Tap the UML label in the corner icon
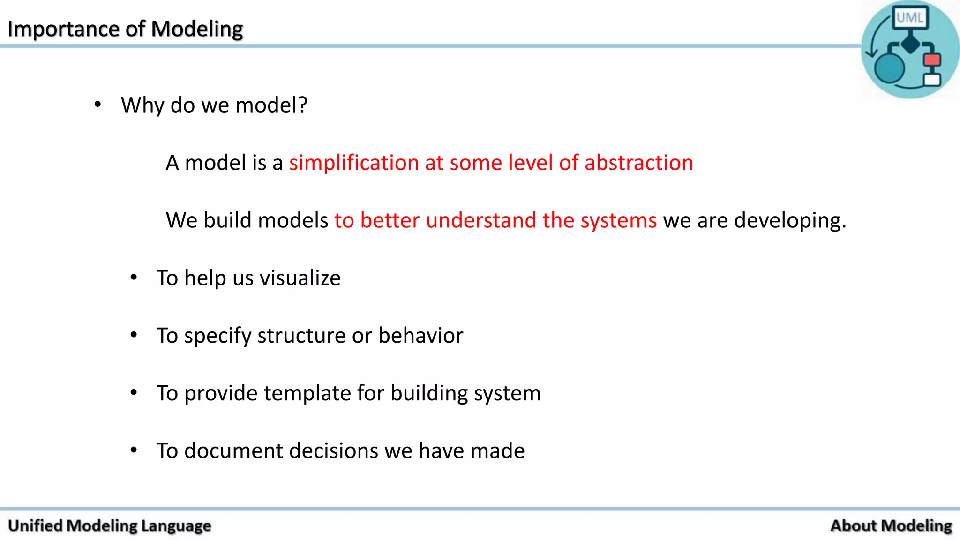click(x=909, y=18)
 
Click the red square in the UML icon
click(x=932, y=60)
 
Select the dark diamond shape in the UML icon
click(x=911, y=45)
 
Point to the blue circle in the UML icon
click(x=889, y=68)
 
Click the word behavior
click(x=420, y=336)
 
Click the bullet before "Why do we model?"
click(x=97, y=105)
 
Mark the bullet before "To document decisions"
click(x=134, y=450)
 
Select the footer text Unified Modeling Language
click(x=110, y=525)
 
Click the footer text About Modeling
click(x=891, y=525)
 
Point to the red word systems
click(x=618, y=220)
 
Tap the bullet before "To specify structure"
click(x=134, y=335)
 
